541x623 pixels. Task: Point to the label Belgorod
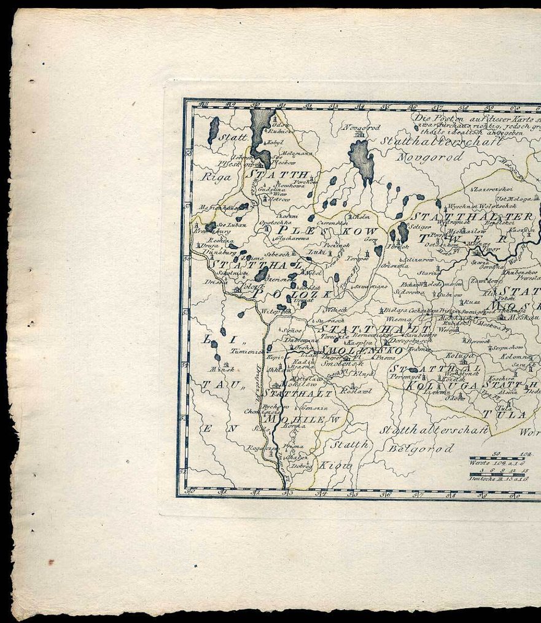[422, 449]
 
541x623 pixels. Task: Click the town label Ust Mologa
[510, 199]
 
